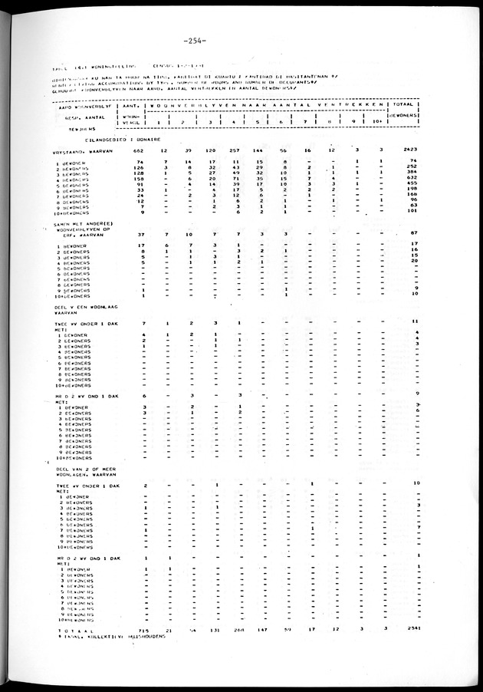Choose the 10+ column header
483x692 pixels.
tap(380, 121)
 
